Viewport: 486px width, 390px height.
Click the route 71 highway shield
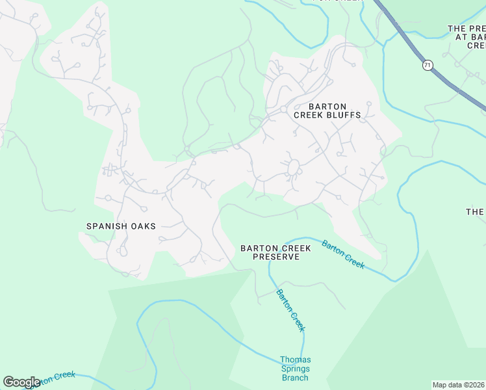pyautogui.click(x=427, y=65)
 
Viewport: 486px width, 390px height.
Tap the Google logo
pyautogui.click(x=22, y=382)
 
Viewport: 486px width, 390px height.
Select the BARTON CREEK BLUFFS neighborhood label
pyautogui.click(x=327, y=110)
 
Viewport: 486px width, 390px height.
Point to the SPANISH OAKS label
pyautogui.click(x=122, y=226)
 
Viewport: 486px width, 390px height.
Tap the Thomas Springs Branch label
pyautogui.click(x=295, y=369)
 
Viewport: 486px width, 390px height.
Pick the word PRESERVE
pyautogui.click(x=276, y=257)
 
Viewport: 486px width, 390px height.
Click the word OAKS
pyautogui.click(x=143, y=226)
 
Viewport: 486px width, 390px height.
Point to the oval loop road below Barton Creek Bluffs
pyautogui.click(x=292, y=168)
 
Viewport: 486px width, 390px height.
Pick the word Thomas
pyautogui.click(x=295, y=359)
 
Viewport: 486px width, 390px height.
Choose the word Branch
pyautogui.click(x=295, y=378)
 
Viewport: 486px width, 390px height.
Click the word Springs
pyautogui.click(x=295, y=369)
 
